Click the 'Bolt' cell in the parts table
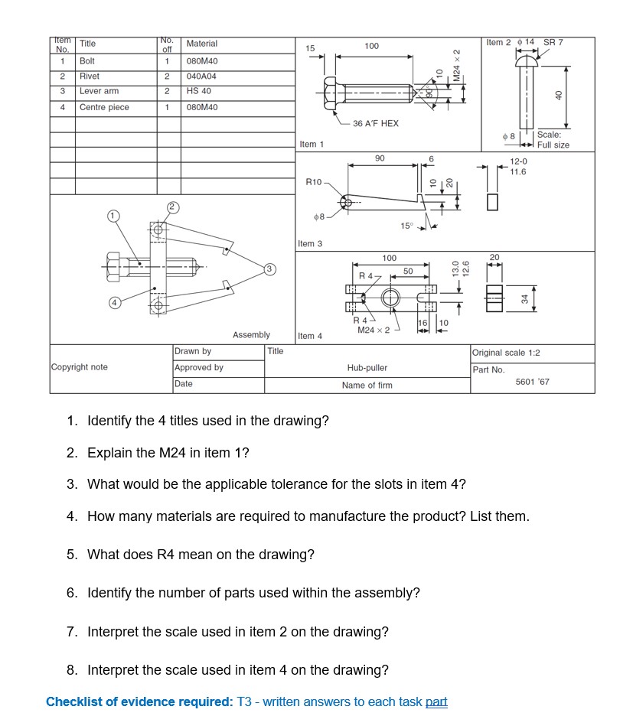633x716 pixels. [x=87, y=60]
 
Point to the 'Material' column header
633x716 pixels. [x=201, y=44]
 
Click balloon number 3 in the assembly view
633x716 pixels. [x=269, y=268]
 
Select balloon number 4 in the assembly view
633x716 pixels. [x=113, y=302]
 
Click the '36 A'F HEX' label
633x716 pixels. [x=375, y=123]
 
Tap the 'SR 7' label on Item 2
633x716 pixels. [x=553, y=42]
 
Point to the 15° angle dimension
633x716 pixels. [x=406, y=225]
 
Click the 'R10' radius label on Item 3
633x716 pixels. [x=314, y=182]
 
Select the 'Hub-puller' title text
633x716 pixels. [x=367, y=368]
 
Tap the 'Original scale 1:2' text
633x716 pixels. [x=506, y=353]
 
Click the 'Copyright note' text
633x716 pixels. [x=79, y=367]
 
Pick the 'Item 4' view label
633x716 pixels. [x=310, y=336]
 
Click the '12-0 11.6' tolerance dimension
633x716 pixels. [x=518, y=167]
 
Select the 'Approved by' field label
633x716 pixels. [x=198, y=367]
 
